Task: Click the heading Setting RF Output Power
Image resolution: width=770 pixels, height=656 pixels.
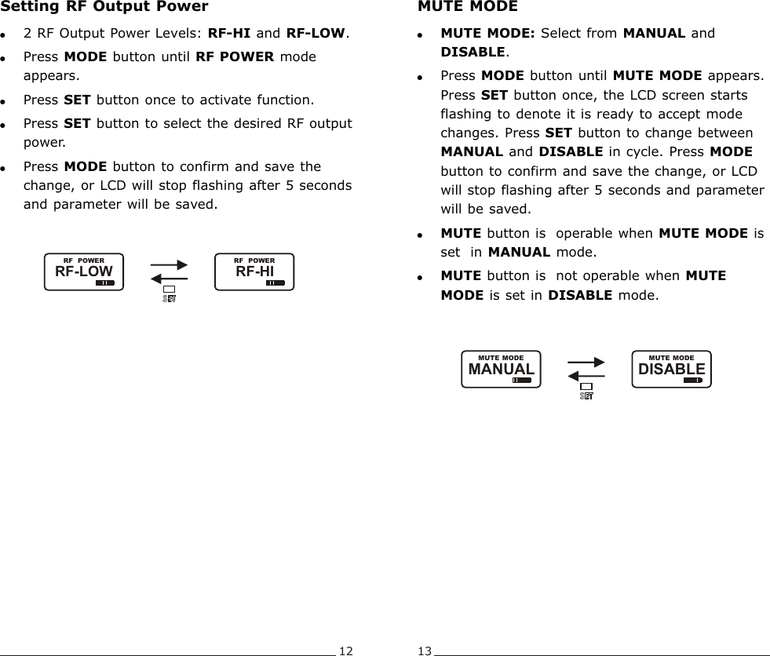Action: click(x=104, y=7)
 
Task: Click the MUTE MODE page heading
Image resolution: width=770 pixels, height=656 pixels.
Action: click(x=468, y=7)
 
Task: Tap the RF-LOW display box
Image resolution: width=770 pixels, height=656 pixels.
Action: click(x=83, y=272)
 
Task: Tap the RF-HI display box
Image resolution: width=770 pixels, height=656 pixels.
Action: click(x=254, y=272)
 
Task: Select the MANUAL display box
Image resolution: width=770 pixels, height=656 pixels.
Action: click(x=501, y=369)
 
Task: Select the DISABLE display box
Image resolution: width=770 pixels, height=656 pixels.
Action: click(x=671, y=369)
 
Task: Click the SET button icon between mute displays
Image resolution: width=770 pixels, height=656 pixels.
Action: click(x=586, y=391)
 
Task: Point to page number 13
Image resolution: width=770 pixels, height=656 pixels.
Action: click(x=425, y=651)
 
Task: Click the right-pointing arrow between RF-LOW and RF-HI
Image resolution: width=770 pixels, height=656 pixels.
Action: click(x=169, y=266)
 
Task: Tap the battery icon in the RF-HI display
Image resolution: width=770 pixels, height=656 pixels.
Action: click(x=275, y=282)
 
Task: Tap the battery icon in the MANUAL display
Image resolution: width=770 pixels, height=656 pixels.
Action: click(x=521, y=380)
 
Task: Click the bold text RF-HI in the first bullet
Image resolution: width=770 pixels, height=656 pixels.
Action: click(x=229, y=35)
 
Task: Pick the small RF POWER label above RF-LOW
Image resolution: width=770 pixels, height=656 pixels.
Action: click(x=83, y=261)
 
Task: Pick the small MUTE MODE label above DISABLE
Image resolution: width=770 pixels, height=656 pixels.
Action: click(x=671, y=358)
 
